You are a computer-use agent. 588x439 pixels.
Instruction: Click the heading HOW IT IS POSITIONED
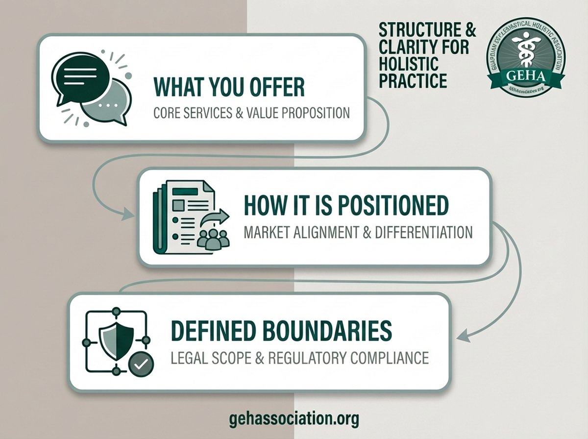(346, 206)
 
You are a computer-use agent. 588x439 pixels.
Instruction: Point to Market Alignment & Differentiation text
(358, 232)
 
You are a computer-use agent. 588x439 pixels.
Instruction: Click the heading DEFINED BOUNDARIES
(281, 331)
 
